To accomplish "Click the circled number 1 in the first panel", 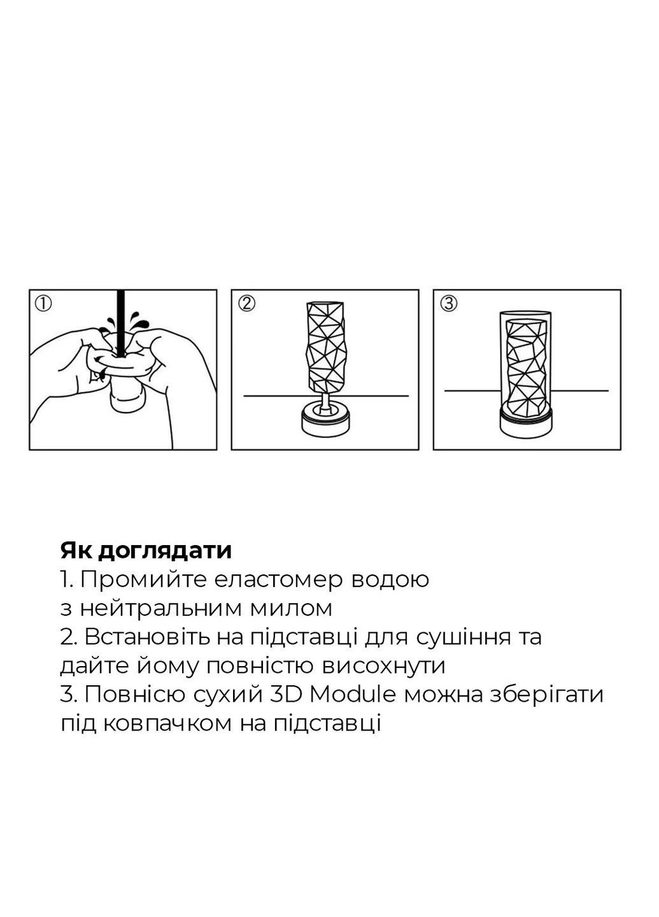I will [x=43, y=304].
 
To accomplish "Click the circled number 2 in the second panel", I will [x=246, y=304].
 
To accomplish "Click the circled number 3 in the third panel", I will [x=448, y=304].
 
